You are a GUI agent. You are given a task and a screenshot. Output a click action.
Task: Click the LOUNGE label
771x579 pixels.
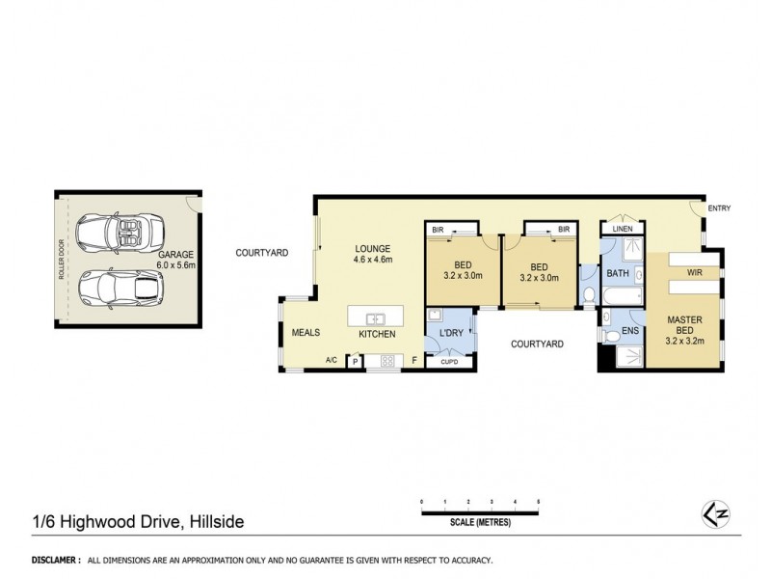(x=371, y=248)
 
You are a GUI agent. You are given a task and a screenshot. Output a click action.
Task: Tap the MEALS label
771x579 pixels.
(x=306, y=333)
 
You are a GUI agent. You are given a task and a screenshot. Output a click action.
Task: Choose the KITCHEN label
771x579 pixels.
(x=378, y=333)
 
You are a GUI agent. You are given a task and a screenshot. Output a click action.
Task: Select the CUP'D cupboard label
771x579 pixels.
(x=449, y=363)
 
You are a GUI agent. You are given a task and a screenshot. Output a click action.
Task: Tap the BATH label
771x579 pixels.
(x=618, y=274)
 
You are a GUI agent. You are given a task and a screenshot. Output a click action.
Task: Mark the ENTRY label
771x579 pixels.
(x=720, y=208)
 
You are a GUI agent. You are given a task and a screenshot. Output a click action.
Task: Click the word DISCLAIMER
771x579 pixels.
(x=55, y=560)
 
